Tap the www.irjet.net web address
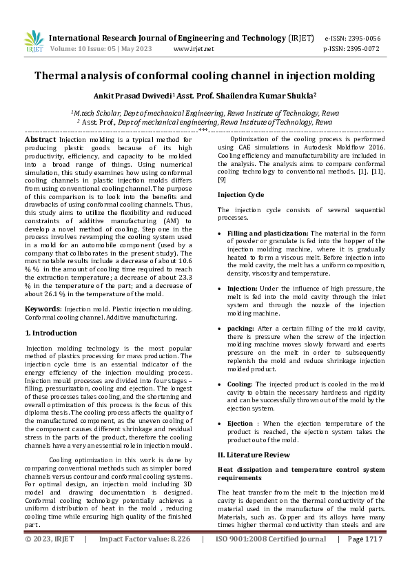coord(194,49)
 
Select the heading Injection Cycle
coord(240,195)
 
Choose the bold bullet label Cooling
coord(240,384)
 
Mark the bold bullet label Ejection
coord(240,423)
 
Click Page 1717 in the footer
coord(365,559)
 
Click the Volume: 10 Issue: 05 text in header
coord(95,49)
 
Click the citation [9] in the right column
coord(222,180)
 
